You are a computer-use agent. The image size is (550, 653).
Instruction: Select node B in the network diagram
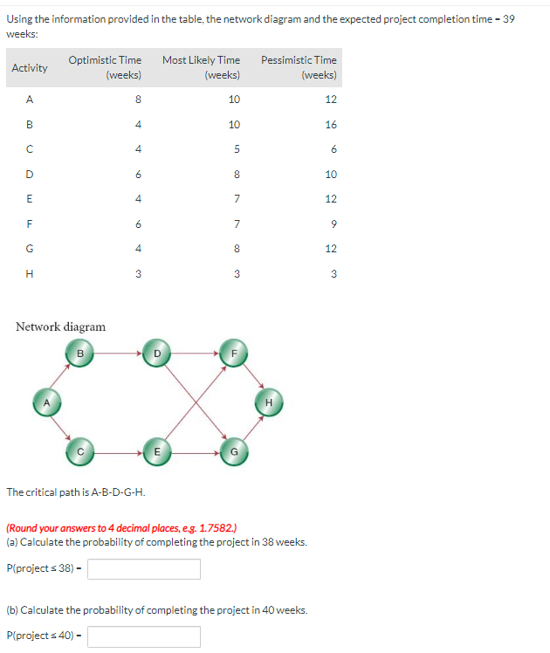pos(79,354)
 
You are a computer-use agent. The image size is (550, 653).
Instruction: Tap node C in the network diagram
pos(79,451)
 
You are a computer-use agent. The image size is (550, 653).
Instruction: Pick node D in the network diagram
pos(155,354)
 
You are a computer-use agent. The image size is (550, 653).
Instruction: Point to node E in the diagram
pos(155,451)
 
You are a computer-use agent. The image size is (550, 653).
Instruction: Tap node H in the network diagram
pos(269,402)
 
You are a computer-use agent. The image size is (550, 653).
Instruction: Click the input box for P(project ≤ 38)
pos(144,569)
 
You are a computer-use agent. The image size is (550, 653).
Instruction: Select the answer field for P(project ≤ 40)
pos(144,636)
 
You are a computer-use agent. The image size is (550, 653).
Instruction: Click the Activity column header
pos(30,67)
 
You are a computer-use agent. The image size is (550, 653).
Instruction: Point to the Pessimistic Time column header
pos(299,67)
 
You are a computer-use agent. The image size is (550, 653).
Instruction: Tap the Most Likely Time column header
pos(201,67)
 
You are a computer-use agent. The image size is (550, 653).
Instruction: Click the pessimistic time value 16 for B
pos(330,125)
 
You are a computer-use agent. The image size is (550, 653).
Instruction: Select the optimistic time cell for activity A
pos(138,100)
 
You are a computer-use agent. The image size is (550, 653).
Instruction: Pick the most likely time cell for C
pos(234,149)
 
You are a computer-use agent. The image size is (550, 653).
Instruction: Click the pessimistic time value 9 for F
pos(333,224)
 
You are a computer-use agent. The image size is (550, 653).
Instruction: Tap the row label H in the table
pos(30,274)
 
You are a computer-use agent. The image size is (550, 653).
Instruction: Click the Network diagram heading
pos(61,326)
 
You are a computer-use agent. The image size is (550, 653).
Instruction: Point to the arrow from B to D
pos(117,354)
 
